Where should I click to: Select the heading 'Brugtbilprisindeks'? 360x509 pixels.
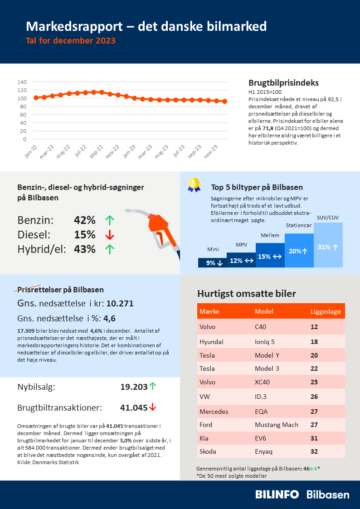coord(283,83)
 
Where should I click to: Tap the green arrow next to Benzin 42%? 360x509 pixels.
coord(109,221)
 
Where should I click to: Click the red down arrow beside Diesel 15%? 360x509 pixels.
coord(109,235)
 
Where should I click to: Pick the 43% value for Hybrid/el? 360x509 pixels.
coord(85,249)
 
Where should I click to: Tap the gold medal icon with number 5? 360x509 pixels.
coord(194,184)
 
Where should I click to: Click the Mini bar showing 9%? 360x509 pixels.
coord(212,263)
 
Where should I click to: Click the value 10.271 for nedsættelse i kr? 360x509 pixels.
coord(120,304)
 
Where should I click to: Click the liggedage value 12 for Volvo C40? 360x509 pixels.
coord(314,327)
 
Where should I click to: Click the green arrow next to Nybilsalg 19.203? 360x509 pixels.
coord(153,386)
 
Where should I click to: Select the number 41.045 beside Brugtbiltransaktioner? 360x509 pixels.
coord(133,407)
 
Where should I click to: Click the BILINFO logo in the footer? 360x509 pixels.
coord(277,494)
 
